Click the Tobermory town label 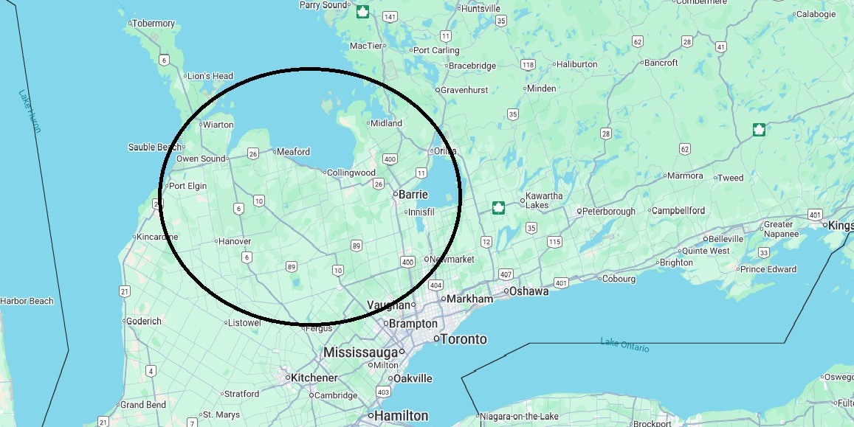(154, 24)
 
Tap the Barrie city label (413, 195)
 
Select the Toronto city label (464, 339)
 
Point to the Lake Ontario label (624, 344)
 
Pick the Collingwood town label (351, 173)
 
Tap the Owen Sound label (201, 159)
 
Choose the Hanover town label (235, 241)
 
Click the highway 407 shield (505, 274)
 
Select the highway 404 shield (435, 285)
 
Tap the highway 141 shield (390, 17)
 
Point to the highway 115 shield (554, 242)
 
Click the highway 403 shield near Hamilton (383, 392)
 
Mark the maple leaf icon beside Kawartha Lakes (499, 208)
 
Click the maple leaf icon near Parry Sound (362, 12)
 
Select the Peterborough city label (608, 211)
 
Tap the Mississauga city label (362, 353)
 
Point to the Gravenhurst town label (464, 90)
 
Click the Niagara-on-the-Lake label (519, 417)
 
